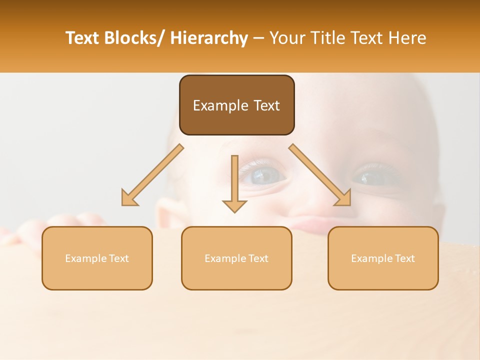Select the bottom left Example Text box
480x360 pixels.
(x=97, y=258)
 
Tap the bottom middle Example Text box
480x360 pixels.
(x=236, y=258)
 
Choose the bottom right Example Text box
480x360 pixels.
(x=383, y=258)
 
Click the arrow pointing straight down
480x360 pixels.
(x=234, y=185)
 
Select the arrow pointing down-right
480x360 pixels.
(x=320, y=175)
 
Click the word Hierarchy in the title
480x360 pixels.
(x=208, y=38)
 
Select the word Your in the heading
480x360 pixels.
(x=288, y=38)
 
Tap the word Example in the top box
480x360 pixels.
(x=220, y=105)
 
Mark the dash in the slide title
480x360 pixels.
(x=258, y=38)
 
